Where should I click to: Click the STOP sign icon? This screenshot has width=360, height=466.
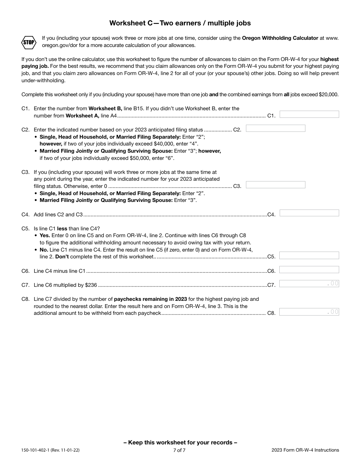28,42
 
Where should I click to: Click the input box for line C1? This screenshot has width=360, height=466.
309,114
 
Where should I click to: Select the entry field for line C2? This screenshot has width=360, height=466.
275,128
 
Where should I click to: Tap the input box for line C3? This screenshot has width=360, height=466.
275,185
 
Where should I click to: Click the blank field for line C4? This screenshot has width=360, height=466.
309,213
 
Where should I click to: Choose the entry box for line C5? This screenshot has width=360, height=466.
309,255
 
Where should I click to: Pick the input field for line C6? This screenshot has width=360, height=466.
309,270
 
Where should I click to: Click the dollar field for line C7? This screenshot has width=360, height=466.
309,283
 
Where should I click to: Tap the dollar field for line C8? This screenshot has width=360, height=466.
309,312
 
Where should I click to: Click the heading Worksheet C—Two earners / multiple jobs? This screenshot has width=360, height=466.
180,23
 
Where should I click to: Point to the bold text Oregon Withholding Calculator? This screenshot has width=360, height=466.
280,38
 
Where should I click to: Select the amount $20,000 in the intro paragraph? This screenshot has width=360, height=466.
329,95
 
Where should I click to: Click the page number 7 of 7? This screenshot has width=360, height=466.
179,450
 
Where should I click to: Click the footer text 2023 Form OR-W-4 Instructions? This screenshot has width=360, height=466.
305,450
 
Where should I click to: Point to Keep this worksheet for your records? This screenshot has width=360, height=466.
180,443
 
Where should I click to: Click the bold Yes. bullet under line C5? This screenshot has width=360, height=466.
45,236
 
